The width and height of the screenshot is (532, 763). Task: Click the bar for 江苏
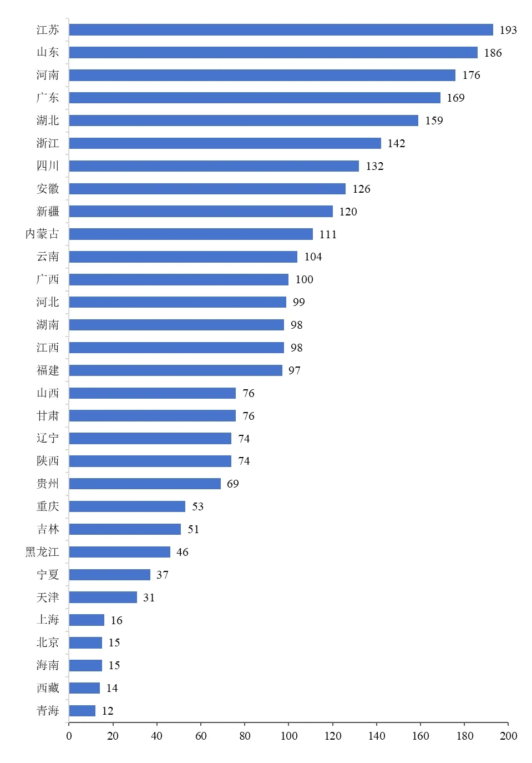pyautogui.click(x=281, y=30)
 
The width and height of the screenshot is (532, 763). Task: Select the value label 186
pyautogui.click(x=493, y=53)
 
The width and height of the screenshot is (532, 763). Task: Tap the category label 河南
pyautogui.click(x=48, y=75)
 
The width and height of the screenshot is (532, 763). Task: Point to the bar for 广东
pyautogui.click(x=255, y=98)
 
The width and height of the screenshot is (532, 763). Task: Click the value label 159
pyautogui.click(x=434, y=121)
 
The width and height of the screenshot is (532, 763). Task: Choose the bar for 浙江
pyautogui.click(x=225, y=143)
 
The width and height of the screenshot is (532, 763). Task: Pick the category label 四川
pyautogui.click(x=48, y=166)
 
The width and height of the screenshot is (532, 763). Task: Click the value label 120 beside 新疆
pyautogui.click(x=348, y=212)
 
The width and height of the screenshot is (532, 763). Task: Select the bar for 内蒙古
pyautogui.click(x=191, y=234)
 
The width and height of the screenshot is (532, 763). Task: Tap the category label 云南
pyautogui.click(x=48, y=257)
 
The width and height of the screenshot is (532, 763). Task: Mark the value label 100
pyautogui.click(x=304, y=279)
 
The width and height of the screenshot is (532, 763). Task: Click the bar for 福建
pyautogui.click(x=176, y=370)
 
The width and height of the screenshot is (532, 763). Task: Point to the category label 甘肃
pyautogui.click(x=48, y=416)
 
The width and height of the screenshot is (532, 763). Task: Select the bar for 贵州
pyautogui.click(x=145, y=484)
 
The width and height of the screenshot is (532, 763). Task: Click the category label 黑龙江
pyautogui.click(x=42, y=552)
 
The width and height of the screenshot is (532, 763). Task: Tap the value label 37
pyautogui.click(x=162, y=575)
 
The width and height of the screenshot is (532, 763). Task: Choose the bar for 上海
pyautogui.click(x=87, y=620)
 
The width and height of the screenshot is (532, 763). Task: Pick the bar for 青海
pyautogui.click(x=82, y=711)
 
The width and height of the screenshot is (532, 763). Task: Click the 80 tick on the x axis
pyautogui.click(x=245, y=736)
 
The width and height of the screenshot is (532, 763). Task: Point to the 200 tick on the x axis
pyautogui.click(x=508, y=736)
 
